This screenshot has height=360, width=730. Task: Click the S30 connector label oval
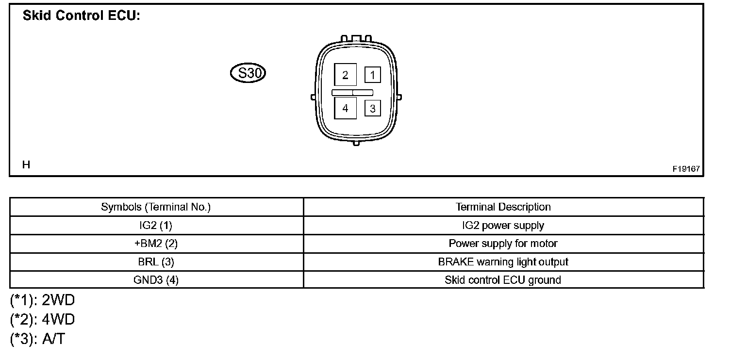pos(248,74)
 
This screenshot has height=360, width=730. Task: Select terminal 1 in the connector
pos(372,75)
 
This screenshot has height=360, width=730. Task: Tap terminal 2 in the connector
pos(345,75)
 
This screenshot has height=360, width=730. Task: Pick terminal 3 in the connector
pos(372,109)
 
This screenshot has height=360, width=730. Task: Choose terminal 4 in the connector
pos(345,108)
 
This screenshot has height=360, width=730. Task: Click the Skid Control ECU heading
pos(82,16)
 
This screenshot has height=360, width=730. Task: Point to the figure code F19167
pos(686,169)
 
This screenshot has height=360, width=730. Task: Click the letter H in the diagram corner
pos(26,165)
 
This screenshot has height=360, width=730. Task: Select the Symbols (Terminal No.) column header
pos(156,207)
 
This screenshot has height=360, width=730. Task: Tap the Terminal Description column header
pos(503,207)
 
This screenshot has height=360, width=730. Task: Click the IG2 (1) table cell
pos(156,226)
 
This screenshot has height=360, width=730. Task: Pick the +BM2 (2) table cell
pos(156,244)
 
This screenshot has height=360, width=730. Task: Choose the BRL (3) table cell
pos(156,262)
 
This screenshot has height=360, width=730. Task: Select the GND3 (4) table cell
pos(156,280)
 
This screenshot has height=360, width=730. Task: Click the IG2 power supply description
pos(503,226)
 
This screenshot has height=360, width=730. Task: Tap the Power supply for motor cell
pos(503,244)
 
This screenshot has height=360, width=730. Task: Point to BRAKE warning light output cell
pos(503,262)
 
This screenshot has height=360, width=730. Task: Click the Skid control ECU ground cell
pos(503,280)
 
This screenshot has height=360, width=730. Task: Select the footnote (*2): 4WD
pos(43,320)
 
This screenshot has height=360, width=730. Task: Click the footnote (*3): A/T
pos(37,339)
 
